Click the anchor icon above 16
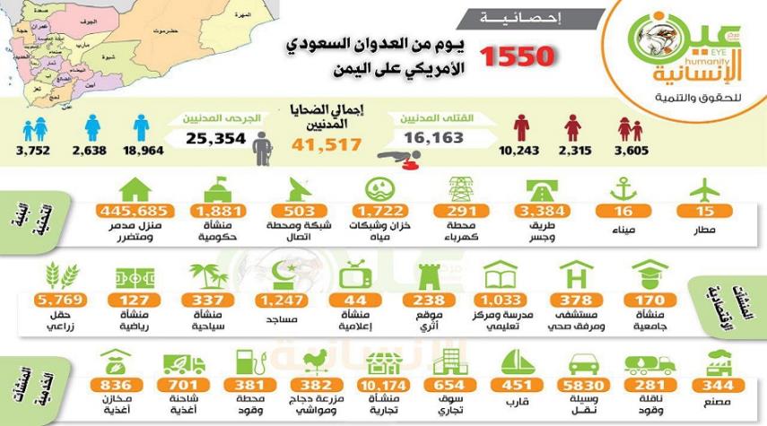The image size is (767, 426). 624,187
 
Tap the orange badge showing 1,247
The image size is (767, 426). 279,300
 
